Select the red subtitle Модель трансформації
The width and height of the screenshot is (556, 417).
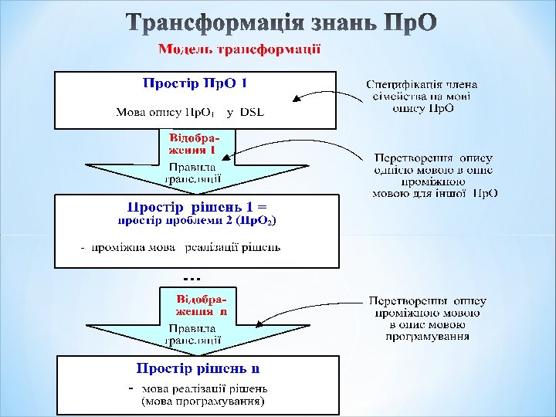239,49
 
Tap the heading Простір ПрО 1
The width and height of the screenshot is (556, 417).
195,82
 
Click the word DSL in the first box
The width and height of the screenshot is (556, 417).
252,112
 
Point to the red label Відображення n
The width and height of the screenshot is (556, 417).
201,304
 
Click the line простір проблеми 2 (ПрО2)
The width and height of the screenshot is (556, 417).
196,221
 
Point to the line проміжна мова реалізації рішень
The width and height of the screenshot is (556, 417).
185,248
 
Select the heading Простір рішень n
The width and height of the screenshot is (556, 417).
198,368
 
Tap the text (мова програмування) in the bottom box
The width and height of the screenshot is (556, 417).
202,402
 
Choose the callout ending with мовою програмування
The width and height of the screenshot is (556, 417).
427,319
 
